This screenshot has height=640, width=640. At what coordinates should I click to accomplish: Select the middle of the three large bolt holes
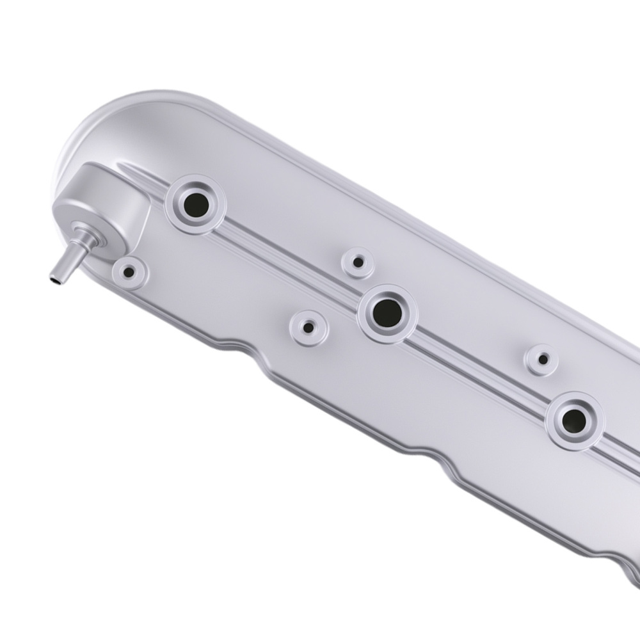click(x=387, y=313)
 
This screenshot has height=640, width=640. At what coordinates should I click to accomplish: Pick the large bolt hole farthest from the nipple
click(x=574, y=420)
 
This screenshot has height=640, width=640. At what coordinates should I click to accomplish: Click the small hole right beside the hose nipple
click(x=129, y=273)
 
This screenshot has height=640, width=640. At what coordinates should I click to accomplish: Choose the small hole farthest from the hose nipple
click(x=543, y=359)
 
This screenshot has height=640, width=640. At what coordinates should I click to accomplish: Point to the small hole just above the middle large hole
click(x=358, y=262)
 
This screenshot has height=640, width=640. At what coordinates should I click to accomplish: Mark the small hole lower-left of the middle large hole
click(x=308, y=327)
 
